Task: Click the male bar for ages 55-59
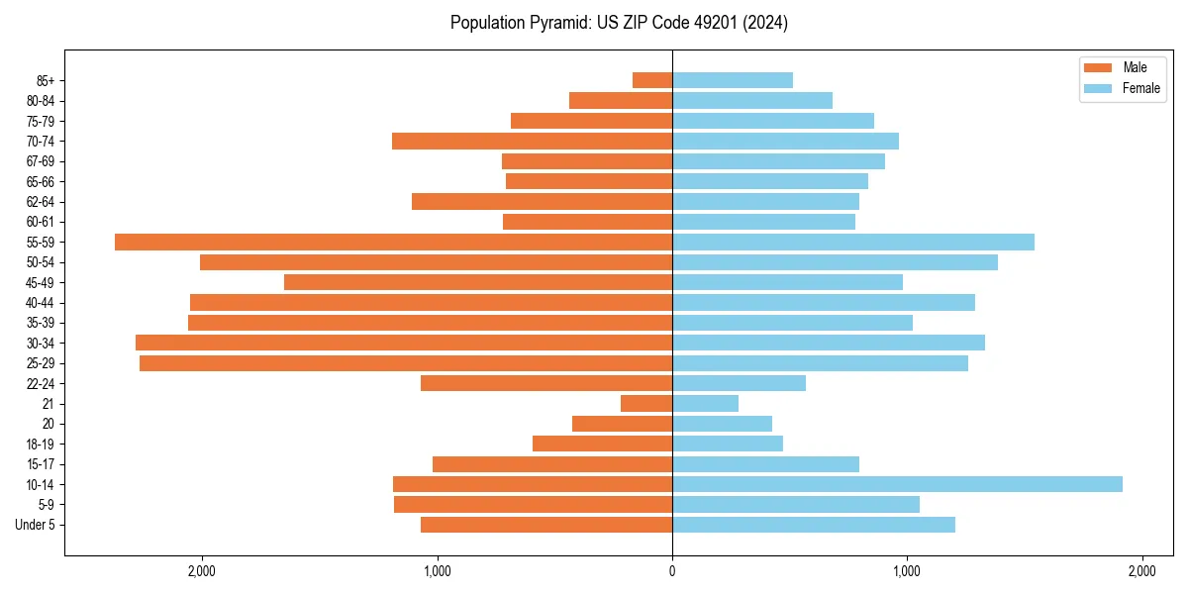393,242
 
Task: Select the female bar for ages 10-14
897,484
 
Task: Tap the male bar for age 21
646,403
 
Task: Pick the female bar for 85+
733,80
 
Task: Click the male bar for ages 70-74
532,141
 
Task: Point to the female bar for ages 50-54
835,262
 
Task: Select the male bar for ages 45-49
478,282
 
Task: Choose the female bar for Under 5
814,525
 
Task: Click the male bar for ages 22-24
546,383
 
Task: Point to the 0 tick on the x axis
672,571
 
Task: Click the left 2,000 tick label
201,571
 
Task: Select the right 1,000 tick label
907,571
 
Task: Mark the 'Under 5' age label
35,525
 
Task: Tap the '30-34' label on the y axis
40,343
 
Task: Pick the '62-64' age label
40,201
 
